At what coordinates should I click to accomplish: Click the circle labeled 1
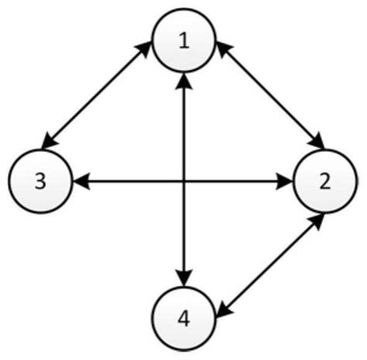[183, 42]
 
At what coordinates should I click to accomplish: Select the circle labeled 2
[324, 181]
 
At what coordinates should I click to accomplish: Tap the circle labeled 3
[41, 181]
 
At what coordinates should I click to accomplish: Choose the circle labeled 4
[183, 317]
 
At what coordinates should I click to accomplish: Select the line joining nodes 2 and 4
[269, 263]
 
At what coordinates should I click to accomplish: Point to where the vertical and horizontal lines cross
[183, 182]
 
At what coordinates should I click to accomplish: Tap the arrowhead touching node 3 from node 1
[47, 142]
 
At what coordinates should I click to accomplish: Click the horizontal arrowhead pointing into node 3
[81, 182]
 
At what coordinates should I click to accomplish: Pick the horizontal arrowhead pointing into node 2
[285, 182]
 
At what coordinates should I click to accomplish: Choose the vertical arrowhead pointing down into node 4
[183, 279]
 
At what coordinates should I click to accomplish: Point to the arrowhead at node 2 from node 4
[317, 221]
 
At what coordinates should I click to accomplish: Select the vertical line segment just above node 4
[183, 248]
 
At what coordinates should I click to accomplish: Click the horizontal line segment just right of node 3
[116, 182]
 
